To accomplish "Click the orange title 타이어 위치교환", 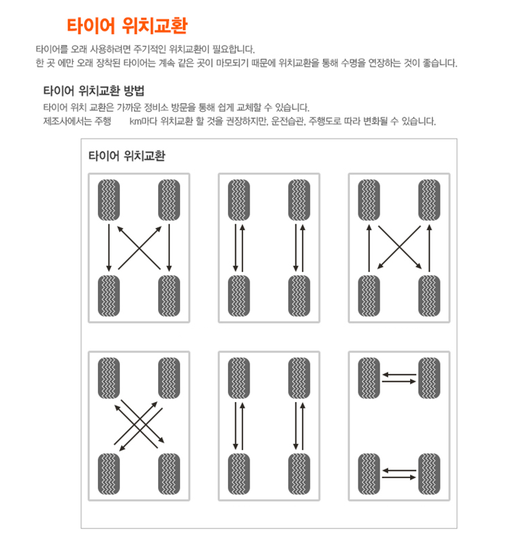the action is click(127, 25).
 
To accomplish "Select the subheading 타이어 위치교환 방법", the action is click(94, 91).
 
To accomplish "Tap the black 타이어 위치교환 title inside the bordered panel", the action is click(127, 156).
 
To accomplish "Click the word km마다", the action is click(143, 121).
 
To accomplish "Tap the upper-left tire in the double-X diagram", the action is click(109, 378).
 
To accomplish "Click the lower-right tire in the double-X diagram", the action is click(169, 474).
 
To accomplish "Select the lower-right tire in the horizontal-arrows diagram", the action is click(429, 474).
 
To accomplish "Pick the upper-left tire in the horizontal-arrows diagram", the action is click(369, 378).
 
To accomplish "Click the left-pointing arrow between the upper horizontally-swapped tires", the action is click(399, 374).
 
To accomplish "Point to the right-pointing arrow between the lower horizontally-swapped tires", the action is click(399, 477).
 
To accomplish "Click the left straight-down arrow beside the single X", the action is click(109, 247).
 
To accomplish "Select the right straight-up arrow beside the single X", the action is click(429, 248).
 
